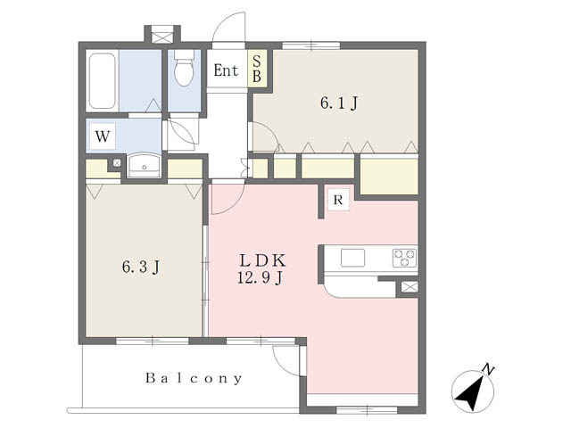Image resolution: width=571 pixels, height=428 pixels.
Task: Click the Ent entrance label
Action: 226,70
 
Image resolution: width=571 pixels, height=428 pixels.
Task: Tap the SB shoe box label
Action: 257,69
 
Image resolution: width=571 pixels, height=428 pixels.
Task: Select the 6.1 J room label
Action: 339,103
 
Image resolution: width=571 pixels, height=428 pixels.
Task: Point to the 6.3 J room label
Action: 141,267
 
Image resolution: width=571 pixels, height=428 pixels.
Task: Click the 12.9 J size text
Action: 260,277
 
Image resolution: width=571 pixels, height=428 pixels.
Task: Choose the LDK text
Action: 262,260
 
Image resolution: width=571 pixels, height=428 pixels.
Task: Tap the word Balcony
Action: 194,378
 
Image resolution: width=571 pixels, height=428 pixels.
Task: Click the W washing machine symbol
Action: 103,136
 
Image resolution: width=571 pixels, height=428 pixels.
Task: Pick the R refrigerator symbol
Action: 338,200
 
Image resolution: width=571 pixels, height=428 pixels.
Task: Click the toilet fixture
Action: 185,68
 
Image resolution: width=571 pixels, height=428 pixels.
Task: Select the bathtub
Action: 103,81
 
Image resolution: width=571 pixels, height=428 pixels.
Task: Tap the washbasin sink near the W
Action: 145,165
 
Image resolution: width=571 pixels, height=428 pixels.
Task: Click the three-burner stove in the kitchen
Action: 404,258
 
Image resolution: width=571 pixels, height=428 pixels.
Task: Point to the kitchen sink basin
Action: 352,258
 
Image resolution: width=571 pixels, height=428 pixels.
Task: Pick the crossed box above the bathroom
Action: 162,37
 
